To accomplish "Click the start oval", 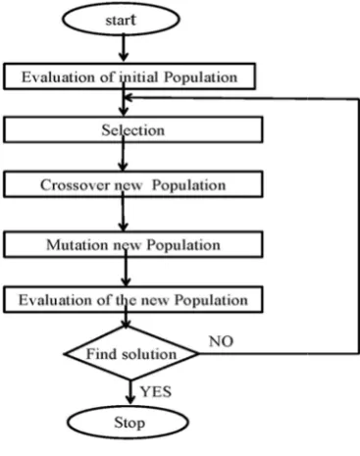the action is click(x=121, y=20).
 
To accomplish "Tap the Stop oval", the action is click(x=129, y=422).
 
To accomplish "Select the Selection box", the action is click(x=133, y=129).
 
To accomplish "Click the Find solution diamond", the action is click(x=131, y=353).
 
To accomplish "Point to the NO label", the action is click(x=221, y=341).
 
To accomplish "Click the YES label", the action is click(x=156, y=391).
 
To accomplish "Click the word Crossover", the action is click(x=75, y=185).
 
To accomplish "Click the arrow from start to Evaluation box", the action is click(x=124, y=48).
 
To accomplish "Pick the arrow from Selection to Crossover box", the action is click(x=123, y=154).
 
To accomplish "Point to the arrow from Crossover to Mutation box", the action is click(x=123, y=212).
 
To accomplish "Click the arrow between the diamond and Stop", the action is click(x=130, y=392).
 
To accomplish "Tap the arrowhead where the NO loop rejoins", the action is click(x=129, y=97).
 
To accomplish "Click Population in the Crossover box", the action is click(x=189, y=185).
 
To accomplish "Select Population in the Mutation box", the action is click(x=183, y=245).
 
